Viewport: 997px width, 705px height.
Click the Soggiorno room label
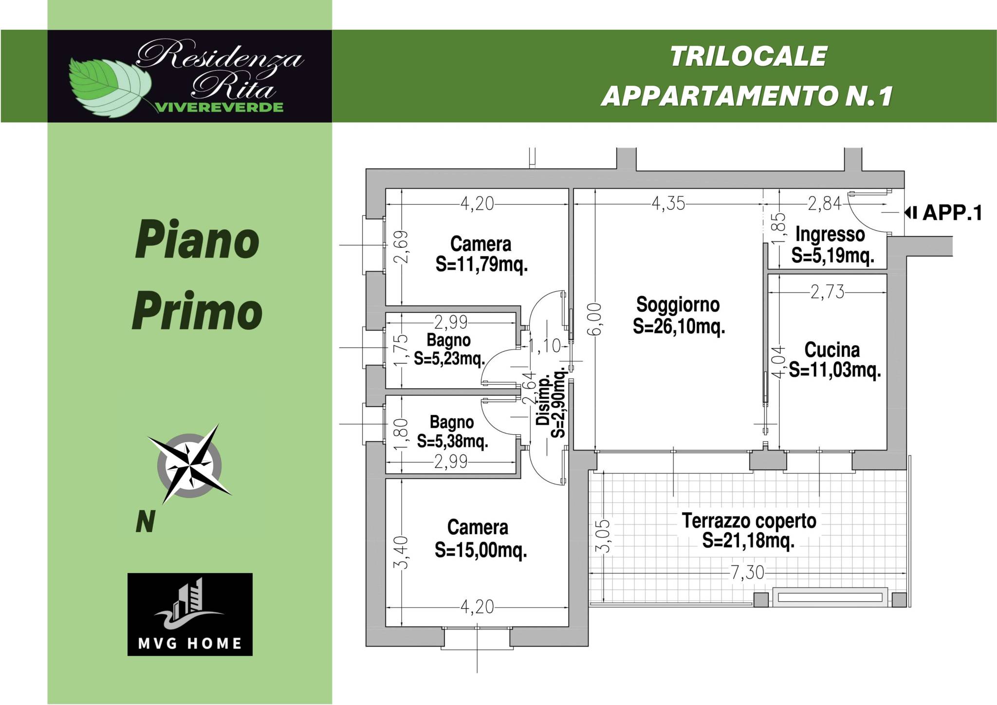click(x=678, y=305)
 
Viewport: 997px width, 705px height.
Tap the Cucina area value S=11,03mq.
click(x=835, y=371)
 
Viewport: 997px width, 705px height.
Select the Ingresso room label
click(x=830, y=234)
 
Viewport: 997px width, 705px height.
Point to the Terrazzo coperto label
click(x=749, y=521)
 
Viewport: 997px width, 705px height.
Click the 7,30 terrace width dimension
click(x=748, y=573)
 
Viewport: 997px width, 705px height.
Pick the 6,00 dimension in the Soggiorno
click(x=598, y=319)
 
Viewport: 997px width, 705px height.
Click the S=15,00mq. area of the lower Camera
click(x=481, y=551)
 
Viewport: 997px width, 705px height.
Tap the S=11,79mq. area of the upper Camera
click(x=482, y=265)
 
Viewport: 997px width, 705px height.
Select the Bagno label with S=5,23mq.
click(x=449, y=339)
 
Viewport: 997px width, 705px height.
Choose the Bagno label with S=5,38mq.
click(x=452, y=422)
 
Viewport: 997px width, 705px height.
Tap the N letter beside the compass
click(x=145, y=523)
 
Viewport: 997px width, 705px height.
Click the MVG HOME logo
click(x=190, y=614)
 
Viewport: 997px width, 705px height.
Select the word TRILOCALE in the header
click(x=748, y=56)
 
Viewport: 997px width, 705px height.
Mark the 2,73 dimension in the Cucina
click(x=827, y=292)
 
